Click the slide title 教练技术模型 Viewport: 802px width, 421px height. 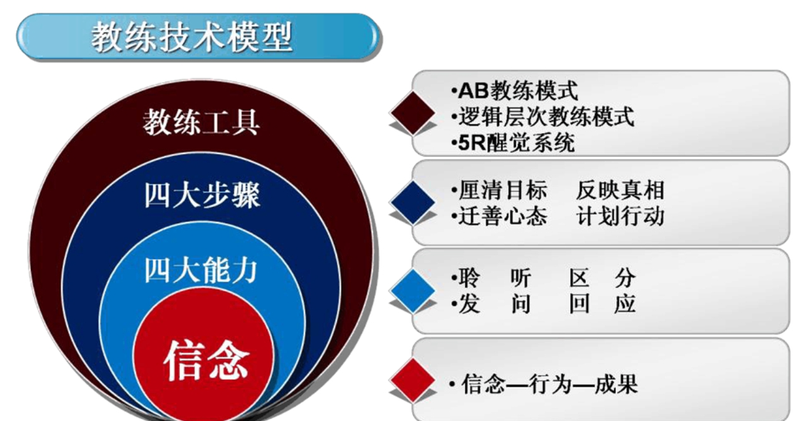(x=192, y=37)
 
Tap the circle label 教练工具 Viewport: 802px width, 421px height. (x=201, y=123)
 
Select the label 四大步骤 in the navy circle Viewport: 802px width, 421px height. (x=201, y=195)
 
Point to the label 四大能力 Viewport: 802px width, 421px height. (x=201, y=270)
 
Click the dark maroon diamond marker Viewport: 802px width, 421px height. (x=413, y=113)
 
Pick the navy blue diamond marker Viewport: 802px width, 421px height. (x=413, y=202)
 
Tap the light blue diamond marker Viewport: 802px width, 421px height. (x=413, y=291)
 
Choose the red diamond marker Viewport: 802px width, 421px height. (x=413, y=381)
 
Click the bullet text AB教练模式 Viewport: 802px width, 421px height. (x=515, y=91)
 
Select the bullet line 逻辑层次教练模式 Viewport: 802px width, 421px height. (x=542, y=116)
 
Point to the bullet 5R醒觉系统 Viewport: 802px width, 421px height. (x=513, y=143)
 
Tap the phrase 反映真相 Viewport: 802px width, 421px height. (x=621, y=190)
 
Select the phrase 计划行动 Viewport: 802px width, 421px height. (x=621, y=216)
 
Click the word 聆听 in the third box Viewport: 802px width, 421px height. (x=492, y=279)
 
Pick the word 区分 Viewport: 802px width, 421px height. (x=603, y=279)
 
